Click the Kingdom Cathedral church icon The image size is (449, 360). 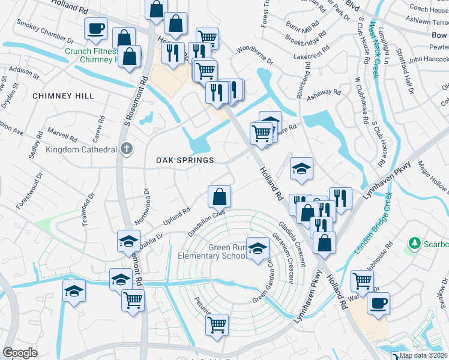click(126, 148)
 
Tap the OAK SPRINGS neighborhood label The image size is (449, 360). click(185, 160)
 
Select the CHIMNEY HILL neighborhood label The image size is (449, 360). click(63, 96)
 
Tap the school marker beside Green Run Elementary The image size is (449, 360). click(258, 249)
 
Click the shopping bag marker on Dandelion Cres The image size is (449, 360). click(220, 196)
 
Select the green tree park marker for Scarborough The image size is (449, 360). click(414, 244)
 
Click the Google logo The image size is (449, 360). click(19, 353)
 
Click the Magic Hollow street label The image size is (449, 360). click(433, 174)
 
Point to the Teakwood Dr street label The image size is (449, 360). click(89, 209)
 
